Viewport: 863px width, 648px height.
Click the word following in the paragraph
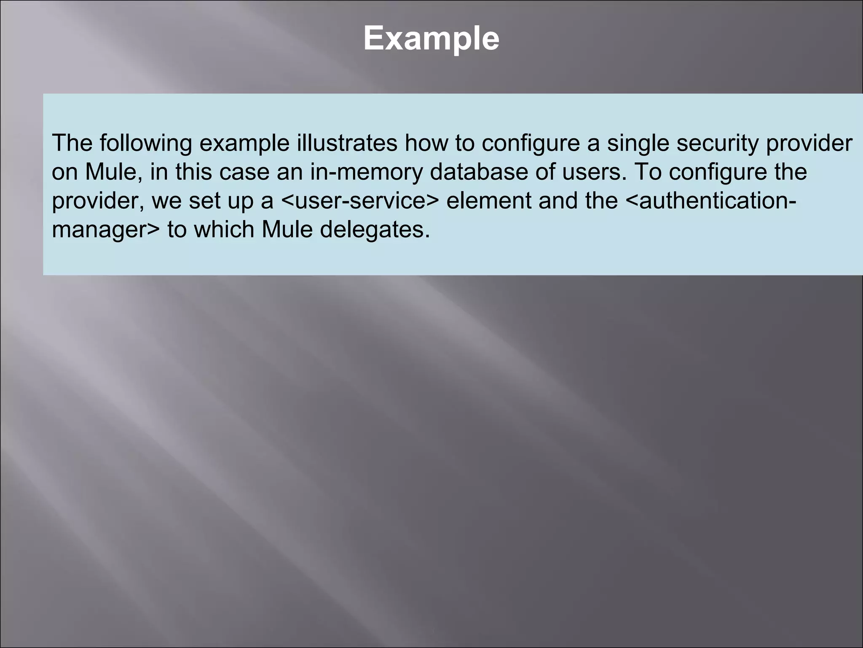tap(145, 143)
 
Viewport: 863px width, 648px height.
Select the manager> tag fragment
tap(106, 230)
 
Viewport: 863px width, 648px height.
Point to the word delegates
tap(375, 230)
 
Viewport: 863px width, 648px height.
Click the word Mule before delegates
tap(287, 230)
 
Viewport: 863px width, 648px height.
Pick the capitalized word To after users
tap(648, 172)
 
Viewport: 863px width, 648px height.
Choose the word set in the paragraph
tap(204, 201)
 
